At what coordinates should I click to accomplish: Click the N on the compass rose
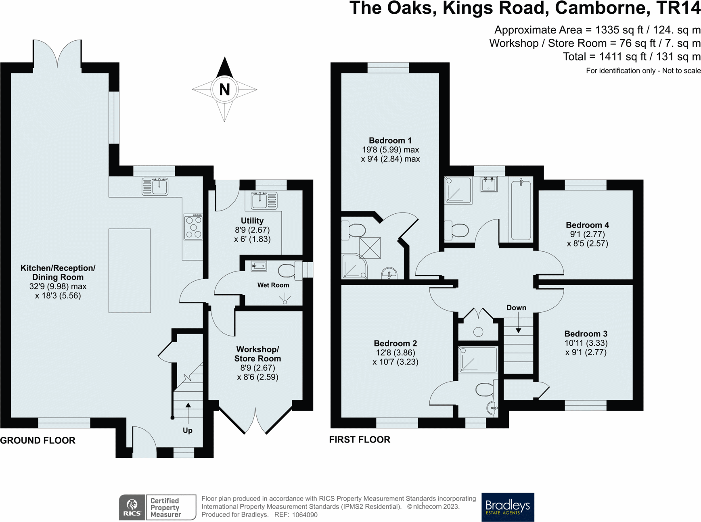(224, 89)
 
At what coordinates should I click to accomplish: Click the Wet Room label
(273, 285)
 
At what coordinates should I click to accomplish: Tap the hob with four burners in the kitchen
(193, 227)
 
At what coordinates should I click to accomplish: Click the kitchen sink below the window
(155, 186)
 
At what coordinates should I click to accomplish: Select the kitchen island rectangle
(130, 271)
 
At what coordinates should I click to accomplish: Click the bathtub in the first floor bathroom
(521, 210)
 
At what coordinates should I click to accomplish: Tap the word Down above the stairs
(516, 308)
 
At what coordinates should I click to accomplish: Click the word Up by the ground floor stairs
(188, 430)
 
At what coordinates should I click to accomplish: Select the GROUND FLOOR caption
(38, 441)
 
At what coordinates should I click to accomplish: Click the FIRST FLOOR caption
(360, 440)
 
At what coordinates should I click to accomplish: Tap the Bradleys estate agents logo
(508, 507)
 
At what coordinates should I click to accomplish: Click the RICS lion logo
(132, 507)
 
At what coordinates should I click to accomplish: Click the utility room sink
(264, 200)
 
